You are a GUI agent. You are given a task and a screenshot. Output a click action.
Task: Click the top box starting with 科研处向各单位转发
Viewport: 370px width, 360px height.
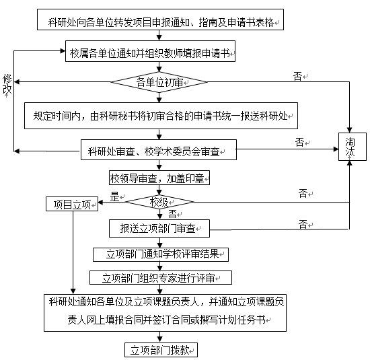(x=160, y=20)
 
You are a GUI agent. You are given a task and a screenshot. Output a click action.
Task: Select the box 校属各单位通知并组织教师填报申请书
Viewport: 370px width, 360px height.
(x=150, y=51)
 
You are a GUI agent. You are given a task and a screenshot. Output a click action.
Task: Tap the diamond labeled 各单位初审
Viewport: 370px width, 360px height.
(x=159, y=82)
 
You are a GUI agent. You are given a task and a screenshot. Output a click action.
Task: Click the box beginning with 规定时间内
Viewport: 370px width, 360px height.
(x=161, y=116)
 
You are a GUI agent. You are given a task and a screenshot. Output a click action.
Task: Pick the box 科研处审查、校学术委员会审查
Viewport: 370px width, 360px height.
(x=159, y=150)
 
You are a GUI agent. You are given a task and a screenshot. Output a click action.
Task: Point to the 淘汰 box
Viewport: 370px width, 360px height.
(x=353, y=147)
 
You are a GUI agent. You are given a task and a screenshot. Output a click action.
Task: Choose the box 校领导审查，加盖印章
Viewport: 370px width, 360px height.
(x=159, y=178)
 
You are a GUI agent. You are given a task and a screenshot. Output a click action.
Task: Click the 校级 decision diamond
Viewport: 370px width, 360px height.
(x=159, y=202)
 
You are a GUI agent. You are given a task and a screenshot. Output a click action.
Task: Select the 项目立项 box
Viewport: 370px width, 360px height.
(x=72, y=204)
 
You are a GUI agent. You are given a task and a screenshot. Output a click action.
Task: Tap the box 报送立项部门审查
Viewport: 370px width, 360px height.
(x=159, y=229)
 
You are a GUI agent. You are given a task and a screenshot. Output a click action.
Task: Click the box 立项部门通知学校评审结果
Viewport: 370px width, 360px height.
(x=161, y=254)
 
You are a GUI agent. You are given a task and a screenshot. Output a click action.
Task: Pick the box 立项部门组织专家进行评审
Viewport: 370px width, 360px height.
(x=161, y=278)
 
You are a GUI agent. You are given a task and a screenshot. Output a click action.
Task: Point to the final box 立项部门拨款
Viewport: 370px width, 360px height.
(x=161, y=350)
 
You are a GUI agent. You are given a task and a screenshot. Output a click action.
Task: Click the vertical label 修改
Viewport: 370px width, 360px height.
(x=7, y=84)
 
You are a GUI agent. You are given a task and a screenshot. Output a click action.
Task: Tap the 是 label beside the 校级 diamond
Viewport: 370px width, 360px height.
(x=114, y=196)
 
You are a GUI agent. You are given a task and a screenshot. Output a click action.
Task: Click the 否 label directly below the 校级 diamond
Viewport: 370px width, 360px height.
(x=172, y=214)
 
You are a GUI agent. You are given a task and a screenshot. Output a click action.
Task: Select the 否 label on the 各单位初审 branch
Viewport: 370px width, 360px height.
(x=297, y=76)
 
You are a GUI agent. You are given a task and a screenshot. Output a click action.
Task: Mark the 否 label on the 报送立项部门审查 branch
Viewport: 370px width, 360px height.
(x=303, y=224)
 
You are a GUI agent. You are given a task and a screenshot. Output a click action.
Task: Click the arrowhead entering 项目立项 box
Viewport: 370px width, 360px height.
(x=100, y=203)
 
